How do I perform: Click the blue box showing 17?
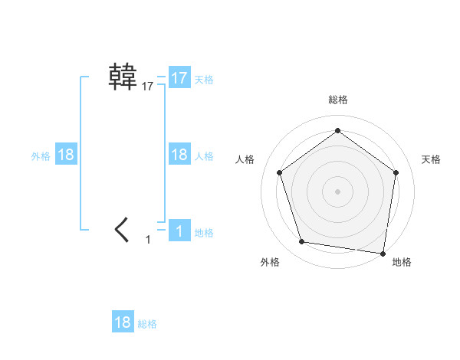point(179,78)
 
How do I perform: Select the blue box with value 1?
point(179,231)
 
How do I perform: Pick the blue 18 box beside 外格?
point(66,155)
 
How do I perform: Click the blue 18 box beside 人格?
point(179,155)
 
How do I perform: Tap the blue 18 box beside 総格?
point(123,322)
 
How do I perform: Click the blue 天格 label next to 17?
point(204,80)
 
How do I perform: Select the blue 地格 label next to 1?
point(204,233)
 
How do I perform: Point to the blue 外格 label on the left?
point(41,156)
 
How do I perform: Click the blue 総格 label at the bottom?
point(147,324)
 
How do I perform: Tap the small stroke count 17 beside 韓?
point(147,87)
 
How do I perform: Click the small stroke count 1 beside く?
point(148,240)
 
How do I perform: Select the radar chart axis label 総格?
point(337,100)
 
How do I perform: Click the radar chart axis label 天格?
point(431,159)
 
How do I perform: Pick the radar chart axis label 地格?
point(402,262)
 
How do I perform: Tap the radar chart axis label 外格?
point(270,262)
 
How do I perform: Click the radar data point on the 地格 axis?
point(383,253)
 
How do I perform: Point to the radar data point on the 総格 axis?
point(337,131)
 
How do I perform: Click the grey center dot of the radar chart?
point(337,190)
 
